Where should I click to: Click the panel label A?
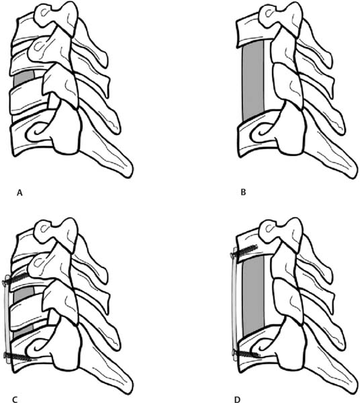[19, 193]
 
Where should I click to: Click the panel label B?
[243, 192]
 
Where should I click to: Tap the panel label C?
[15, 400]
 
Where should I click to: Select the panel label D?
[237, 400]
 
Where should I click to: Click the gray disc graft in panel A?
[24, 77]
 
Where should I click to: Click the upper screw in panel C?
[16, 279]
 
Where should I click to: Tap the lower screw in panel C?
[18, 357]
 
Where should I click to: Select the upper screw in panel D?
[244, 251]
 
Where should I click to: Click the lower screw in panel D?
[246, 355]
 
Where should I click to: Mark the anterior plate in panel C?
[7, 319]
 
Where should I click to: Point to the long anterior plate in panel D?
[235, 304]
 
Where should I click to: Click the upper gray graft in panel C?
[24, 294]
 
